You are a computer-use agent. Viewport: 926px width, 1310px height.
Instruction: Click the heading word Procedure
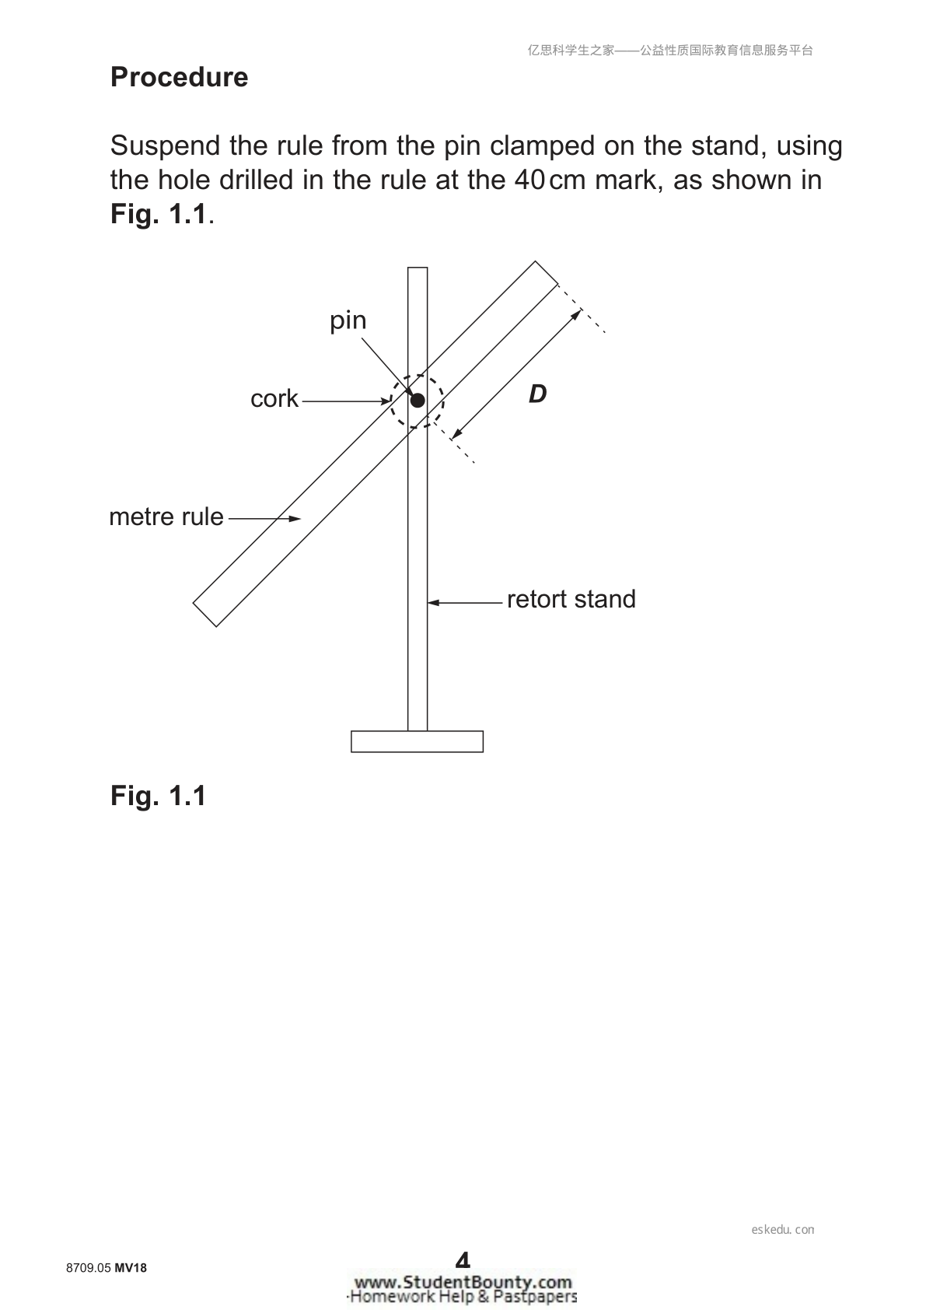click(x=179, y=77)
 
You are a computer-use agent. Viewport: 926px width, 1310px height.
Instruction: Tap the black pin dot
click(x=418, y=401)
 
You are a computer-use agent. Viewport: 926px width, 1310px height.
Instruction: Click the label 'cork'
click(x=274, y=399)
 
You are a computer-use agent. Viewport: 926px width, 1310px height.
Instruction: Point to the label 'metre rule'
click(x=166, y=517)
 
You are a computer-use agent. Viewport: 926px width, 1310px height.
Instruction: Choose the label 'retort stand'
click(x=571, y=600)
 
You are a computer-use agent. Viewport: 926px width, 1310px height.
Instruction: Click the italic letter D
click(x=537, y=394)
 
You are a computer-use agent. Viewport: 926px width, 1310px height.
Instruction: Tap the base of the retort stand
click(x=417, y=741)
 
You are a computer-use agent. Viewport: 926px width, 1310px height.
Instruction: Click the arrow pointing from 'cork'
click(x=346, y=401)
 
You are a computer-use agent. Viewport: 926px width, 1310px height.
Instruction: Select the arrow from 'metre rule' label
click(x=265, y=518)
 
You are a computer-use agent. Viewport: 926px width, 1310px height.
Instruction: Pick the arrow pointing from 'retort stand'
click(x=465, y=602)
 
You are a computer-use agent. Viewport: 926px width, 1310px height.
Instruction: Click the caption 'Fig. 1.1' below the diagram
click(x=158, y=796)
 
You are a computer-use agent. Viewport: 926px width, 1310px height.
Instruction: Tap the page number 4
click(x=463, y=1259)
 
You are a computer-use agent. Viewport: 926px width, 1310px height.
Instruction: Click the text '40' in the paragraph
click(x=530, y=180)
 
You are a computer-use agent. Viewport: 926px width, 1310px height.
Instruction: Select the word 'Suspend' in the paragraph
click(x=166, y=146)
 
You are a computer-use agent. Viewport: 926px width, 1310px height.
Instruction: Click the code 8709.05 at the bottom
click(x=89, y=1268)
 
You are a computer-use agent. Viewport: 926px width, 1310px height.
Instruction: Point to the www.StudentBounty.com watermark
click(x=463, y=1283)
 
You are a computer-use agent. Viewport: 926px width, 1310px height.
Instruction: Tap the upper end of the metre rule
click(x=547, y=272)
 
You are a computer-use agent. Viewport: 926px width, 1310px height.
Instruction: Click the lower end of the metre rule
click(x=204, y=615)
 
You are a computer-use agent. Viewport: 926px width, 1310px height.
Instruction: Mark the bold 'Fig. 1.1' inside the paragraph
click(x=159, y=214)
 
